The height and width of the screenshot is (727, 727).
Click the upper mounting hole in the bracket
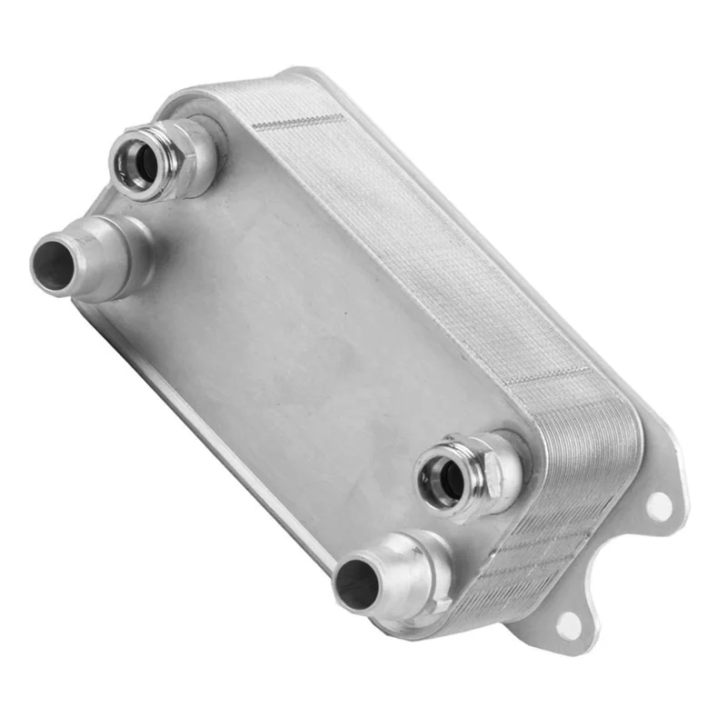(x=660, y=503)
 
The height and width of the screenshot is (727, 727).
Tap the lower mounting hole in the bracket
(x=570, y=624)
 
